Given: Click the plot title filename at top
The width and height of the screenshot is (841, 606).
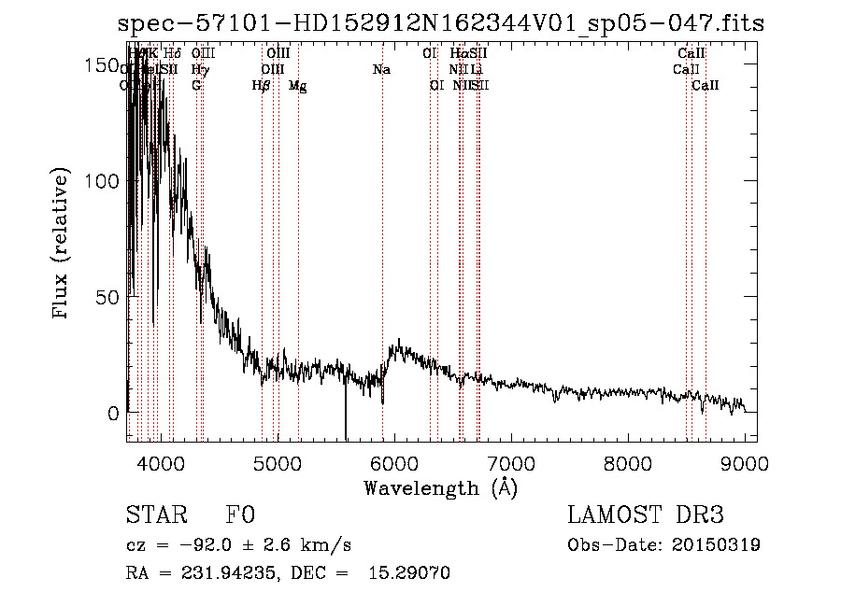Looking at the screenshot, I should click(x=441, y=24).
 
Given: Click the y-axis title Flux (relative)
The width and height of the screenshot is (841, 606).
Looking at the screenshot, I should click(x=62, y=245).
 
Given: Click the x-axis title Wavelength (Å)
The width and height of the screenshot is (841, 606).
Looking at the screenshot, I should click(x=440, y=487).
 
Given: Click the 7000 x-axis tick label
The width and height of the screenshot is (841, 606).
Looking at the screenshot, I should click(x=511, y=463).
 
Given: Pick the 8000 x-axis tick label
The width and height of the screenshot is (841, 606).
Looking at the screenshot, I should click(x=628, y=463).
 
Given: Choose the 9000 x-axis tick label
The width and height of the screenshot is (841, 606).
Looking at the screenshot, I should click(x=745, y=463).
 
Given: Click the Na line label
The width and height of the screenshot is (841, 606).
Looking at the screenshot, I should click(x=381, y=70).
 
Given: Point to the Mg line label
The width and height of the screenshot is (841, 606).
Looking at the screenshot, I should click(x=297, y=86).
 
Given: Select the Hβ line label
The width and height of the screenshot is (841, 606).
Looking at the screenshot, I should click(x=261, y=86).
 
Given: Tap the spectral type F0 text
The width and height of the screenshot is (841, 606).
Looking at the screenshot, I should click(x=240, y=515).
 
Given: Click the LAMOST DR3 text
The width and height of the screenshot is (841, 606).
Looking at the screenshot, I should click(x=645, y=515).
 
